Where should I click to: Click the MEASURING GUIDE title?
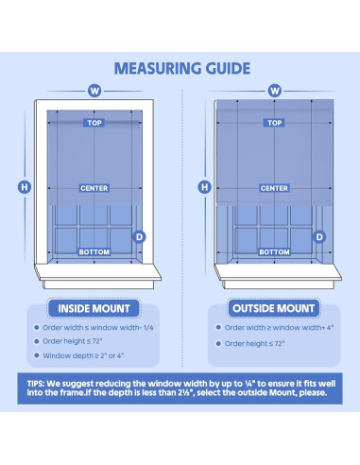click(182, 68)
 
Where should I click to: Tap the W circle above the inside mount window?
click(94, 91)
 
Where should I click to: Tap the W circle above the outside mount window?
click(275, 91)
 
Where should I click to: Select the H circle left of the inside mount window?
click(25, 187)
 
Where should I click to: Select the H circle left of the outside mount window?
click(204, 187)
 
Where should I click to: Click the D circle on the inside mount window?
click(139, 237)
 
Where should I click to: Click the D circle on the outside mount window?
click(319, 237)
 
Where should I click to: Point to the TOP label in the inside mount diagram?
click(94, 123)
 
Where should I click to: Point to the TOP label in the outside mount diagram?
click(274, 123)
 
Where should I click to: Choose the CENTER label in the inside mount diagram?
click(94, 188)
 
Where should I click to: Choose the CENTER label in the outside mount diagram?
click(274, 188)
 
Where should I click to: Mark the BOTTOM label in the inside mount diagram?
click(94, 252)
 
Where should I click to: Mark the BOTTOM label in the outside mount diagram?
click(274, 252)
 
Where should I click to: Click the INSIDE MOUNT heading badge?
click(94, 308)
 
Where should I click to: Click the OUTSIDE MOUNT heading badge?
click(273, 308)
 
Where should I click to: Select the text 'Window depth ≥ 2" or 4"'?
click(83, 355)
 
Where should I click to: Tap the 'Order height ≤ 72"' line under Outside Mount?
click(254, 344)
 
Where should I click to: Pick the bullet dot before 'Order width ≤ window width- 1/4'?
click(37, 328)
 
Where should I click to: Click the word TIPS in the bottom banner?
click(36, 384)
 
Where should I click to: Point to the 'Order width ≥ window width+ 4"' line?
click(279, 328)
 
